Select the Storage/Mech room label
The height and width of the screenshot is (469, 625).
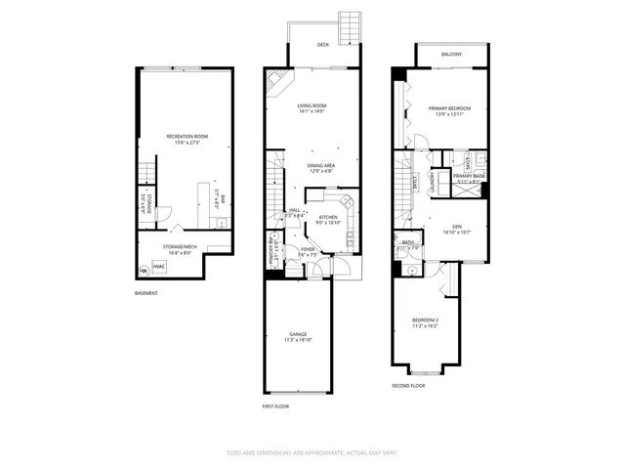[x=183, y=247]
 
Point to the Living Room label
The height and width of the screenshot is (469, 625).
[x=312, y=106]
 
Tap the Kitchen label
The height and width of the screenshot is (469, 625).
[x=328, y=217]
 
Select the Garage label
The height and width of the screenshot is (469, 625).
[x=298, y=334]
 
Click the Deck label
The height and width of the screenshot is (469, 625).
[x=323, y=45]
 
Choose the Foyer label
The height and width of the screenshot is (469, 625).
[x=309, y=249]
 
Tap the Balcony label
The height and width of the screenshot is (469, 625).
[x=451, y=54]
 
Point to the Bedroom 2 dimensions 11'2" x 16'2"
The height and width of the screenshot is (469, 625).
[x=425, y=326]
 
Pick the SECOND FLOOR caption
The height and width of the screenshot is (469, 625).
[x=409, y=386]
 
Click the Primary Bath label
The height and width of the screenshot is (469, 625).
[x=469, y=176]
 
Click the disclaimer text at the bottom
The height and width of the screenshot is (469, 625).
[x=312, y=452]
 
